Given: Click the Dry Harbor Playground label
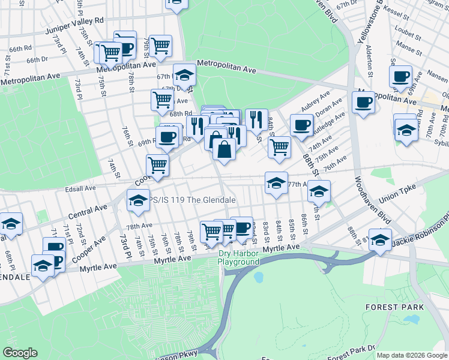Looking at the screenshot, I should [x=238, y=258].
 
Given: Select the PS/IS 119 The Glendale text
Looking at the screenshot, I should [x=191, y=200].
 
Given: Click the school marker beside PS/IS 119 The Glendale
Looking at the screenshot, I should [x=138, y=201].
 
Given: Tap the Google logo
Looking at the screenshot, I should [x=20, y=353].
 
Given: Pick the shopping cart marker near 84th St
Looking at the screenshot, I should [x=279, y=147].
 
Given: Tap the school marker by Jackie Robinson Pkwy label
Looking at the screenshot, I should [x=380, y=239].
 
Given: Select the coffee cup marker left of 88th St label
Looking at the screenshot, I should [x=301, y=125].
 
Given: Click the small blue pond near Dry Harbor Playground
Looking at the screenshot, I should [x=259, y=278].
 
